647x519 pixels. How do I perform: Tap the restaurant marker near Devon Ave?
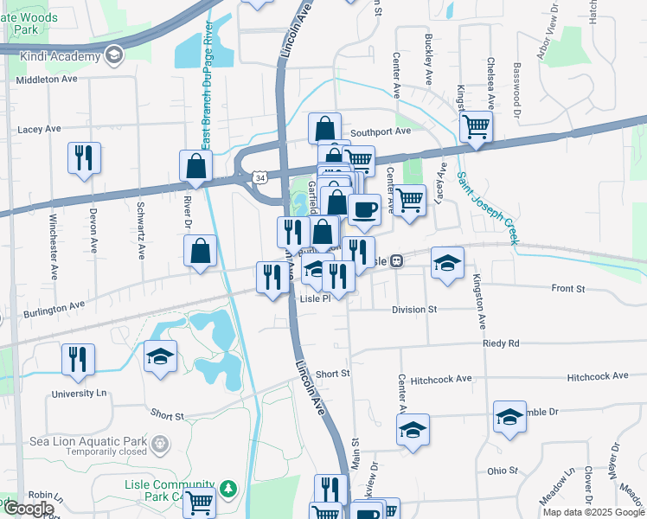coord(84,159)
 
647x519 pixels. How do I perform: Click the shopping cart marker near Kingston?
coord(476,127)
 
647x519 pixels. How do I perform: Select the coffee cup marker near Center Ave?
coord(364,210)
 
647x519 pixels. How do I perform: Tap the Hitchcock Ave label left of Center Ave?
coord(440,378)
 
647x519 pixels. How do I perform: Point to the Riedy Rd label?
coord(501,343)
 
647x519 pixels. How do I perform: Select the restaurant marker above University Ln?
coord(79,361)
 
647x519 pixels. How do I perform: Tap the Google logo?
coord(29,509)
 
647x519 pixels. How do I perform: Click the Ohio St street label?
coord(502,471)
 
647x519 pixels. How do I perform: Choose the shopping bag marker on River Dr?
coord(200,253)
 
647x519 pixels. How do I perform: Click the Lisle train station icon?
coord(396,260)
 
